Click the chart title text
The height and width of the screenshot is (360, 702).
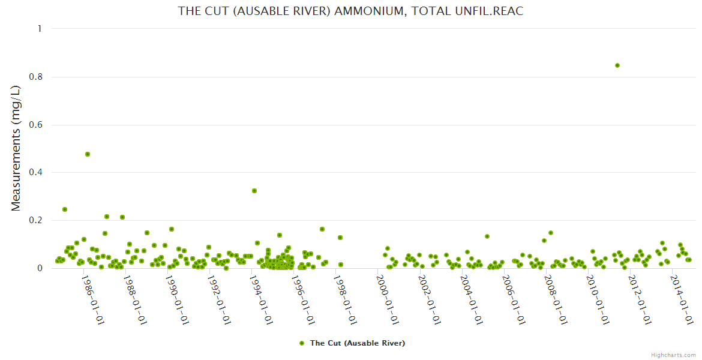[x=351, y=11]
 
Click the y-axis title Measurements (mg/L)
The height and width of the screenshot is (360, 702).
[x=16, y=148]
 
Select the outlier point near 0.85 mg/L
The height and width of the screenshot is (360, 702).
[x=617, y=65]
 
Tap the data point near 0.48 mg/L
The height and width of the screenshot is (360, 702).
[x=88, y=154]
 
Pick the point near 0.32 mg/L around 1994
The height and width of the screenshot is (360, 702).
[x=254, y=191]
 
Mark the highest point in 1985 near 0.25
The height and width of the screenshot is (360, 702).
[x=65, y=209]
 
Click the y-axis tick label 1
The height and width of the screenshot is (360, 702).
[x=40, y=29]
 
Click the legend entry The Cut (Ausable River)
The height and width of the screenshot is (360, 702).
[x=357, y=343]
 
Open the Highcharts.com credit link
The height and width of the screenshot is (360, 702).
[x=673, y=355]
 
